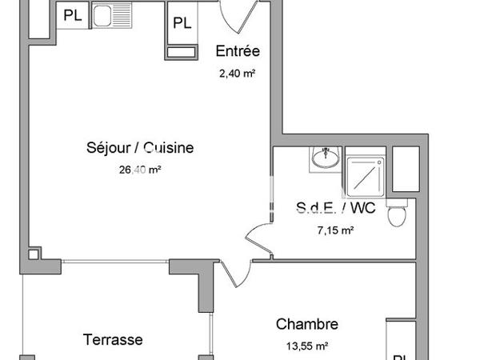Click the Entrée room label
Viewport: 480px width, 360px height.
(238, 52)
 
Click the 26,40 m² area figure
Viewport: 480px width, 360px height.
(140, 170)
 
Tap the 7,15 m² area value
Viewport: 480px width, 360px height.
(336, 230)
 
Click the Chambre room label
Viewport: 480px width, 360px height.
(306, 324)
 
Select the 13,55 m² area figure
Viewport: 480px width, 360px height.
(306, 346)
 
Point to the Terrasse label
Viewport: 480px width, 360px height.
(113, 339)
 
